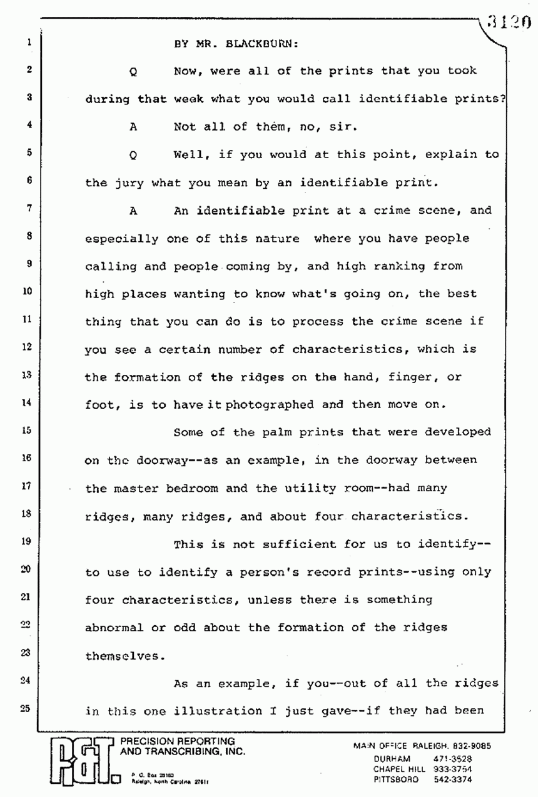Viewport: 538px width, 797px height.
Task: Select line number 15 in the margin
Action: [x=29, y=430]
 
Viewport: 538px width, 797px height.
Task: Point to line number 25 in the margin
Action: [x=29, y=710]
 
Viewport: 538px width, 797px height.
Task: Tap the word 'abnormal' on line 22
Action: [x=114, y=627]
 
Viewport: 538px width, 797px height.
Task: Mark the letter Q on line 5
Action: [x=133, y=155]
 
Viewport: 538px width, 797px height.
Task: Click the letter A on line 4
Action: [x=133, y=126]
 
